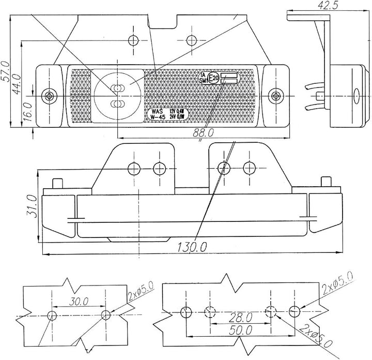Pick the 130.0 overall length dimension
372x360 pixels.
(x=192, y=248)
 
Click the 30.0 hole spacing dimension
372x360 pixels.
(x=79, y=301)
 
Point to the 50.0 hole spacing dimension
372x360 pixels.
(x=242, y=329)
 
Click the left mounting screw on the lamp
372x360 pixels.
(x=50, y=95)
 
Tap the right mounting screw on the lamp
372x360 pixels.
(x=276, y=95)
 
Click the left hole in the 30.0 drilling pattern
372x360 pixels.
(x=52, y=315)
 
